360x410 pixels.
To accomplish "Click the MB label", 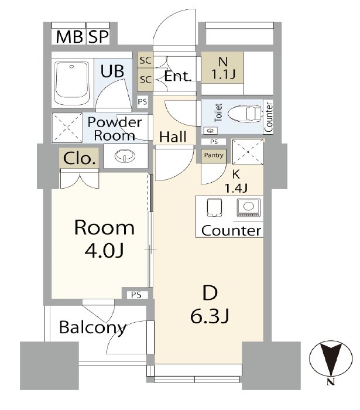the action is coord(69,36).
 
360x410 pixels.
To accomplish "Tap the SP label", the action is coord(98,36).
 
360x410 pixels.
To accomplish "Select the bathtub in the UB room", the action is coord(72,83).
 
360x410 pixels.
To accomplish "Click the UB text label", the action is coord(112,71).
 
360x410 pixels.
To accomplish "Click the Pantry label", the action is coord(214,155).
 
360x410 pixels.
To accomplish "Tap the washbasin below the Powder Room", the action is coord(125,156).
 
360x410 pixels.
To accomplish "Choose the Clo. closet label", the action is coord(79,158).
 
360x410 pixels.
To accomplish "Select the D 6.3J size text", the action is coord(210,316).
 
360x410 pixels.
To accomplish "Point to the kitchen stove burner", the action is coord(248,207).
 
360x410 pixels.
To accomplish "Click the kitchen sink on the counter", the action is coord(214,207).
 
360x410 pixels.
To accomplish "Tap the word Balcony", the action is coord(92,327).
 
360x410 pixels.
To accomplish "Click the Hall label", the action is coord(173,136).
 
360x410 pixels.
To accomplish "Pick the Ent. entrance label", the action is coord(177,76).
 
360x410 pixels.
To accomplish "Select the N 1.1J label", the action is coord(223,69).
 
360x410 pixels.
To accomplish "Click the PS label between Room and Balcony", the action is coord(136,295).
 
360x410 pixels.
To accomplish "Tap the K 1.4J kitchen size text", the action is coord(236,181).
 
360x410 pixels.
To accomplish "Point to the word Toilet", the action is coord(218,112).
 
